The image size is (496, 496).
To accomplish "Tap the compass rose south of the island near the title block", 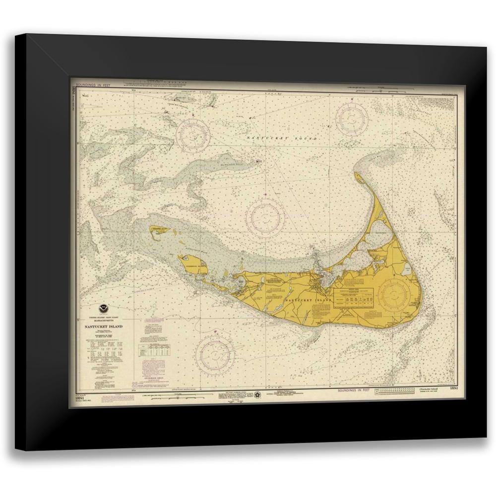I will pyautogui.click(x=215, y=355).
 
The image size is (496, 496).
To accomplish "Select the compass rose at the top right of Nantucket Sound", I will pyautogui.click(x=352, y=119).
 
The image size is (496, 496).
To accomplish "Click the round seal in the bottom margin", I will pyautogui.click(x=258, y=395).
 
